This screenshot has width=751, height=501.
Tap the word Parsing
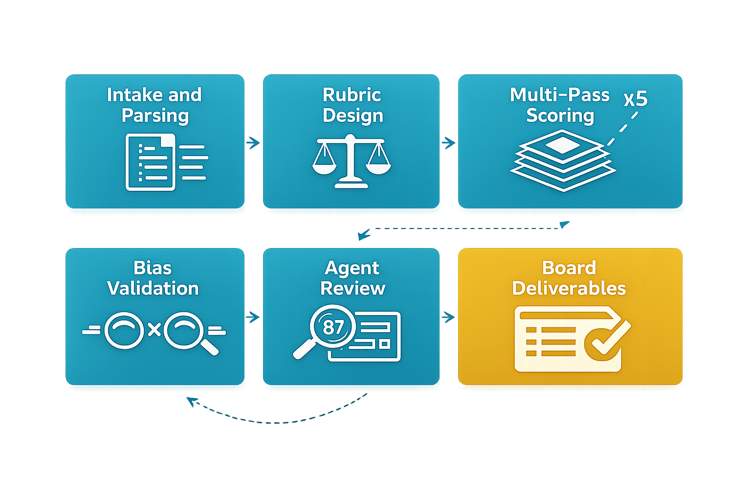[155, 115]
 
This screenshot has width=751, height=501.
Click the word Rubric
[352, 94]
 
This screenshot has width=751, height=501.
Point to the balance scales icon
[351, 161]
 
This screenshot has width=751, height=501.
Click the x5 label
[636, 99]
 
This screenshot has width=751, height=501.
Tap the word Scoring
[560, 115]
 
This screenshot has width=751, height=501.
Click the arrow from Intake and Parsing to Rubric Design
[253, 143]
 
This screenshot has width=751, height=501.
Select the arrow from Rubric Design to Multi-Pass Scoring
[448, 143]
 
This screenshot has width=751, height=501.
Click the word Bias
[153, 268]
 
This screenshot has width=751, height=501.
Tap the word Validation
[153, 288]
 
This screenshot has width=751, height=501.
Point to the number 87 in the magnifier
[333, 327]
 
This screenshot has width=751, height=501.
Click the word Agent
[352, 268]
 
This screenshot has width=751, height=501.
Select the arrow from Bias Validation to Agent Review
[253, 317]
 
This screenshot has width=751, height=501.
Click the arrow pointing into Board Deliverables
[448, 317]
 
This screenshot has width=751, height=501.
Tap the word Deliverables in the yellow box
[569, 288]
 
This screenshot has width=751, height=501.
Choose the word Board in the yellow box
[569, 268]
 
